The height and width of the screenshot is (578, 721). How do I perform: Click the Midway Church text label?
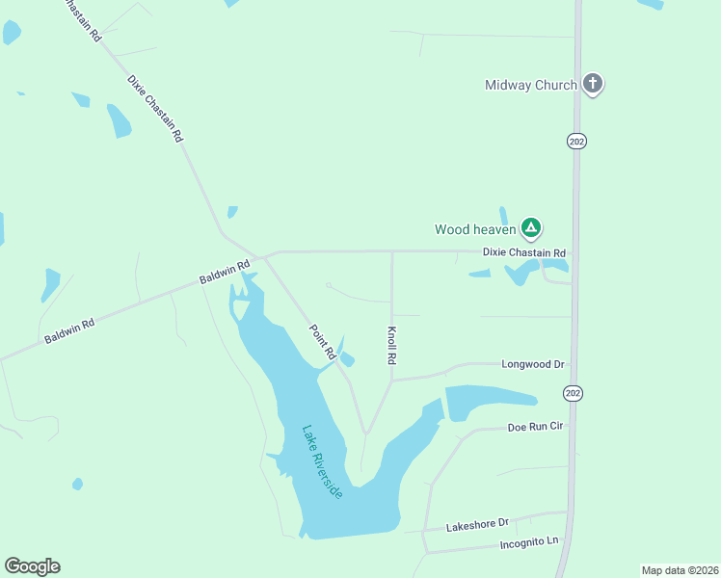(x=530, y=85)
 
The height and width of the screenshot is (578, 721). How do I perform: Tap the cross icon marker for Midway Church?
(x=594, y=85)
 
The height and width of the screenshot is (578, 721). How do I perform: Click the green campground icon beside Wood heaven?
(x=530, y=228)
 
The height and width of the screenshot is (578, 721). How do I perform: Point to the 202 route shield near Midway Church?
(x=576, y=141)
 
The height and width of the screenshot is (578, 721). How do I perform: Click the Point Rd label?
(x=322, y=342)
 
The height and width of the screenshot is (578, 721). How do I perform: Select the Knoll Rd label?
(x=392, y=345)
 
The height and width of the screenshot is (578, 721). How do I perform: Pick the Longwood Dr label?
(x=532, y=365)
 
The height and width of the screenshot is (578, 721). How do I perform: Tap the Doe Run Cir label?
(x=535, y=426)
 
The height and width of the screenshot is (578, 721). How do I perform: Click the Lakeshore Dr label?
(x=476, y=524)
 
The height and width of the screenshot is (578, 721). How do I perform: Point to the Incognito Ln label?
(x=529, y=542)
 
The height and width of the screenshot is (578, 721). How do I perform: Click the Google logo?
(x=32, y=566)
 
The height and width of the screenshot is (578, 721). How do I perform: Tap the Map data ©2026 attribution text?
(x=680, y=569)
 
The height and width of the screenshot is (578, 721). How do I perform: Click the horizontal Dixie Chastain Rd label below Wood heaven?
(x=524, y=253)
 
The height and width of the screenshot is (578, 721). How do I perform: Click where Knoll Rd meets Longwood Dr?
(x=392, y=380)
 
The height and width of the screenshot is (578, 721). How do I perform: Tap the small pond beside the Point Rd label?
(x=347, y=359)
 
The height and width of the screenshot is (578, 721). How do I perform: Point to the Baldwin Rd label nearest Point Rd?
(x=225, y=271)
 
